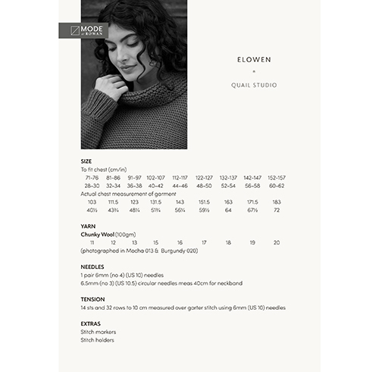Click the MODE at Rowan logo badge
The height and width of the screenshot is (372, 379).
click(x=83, y=31)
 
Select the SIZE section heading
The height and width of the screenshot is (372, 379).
click(x=86, y=161)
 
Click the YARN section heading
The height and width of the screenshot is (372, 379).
click(x=87, y=226)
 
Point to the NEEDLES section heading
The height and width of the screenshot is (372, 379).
click(x=92, y=267)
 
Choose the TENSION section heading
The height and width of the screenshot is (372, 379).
click(x=92, y=299)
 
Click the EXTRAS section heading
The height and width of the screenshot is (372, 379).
click(x=91, y=324)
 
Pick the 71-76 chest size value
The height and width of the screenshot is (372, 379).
click(x=92, y=177)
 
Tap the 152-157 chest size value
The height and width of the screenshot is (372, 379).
click(x=276, y=177)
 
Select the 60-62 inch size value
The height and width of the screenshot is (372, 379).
click(x=276, y=186)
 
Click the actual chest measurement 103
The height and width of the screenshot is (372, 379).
click(x=92, y=202)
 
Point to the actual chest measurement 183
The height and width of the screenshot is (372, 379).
click(x=276, y=202)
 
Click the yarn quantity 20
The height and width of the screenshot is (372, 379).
click(x=276, y=242)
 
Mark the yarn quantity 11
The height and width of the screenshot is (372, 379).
click(x=92, y=242)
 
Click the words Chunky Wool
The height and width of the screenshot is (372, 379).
click(x=96, y=234)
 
